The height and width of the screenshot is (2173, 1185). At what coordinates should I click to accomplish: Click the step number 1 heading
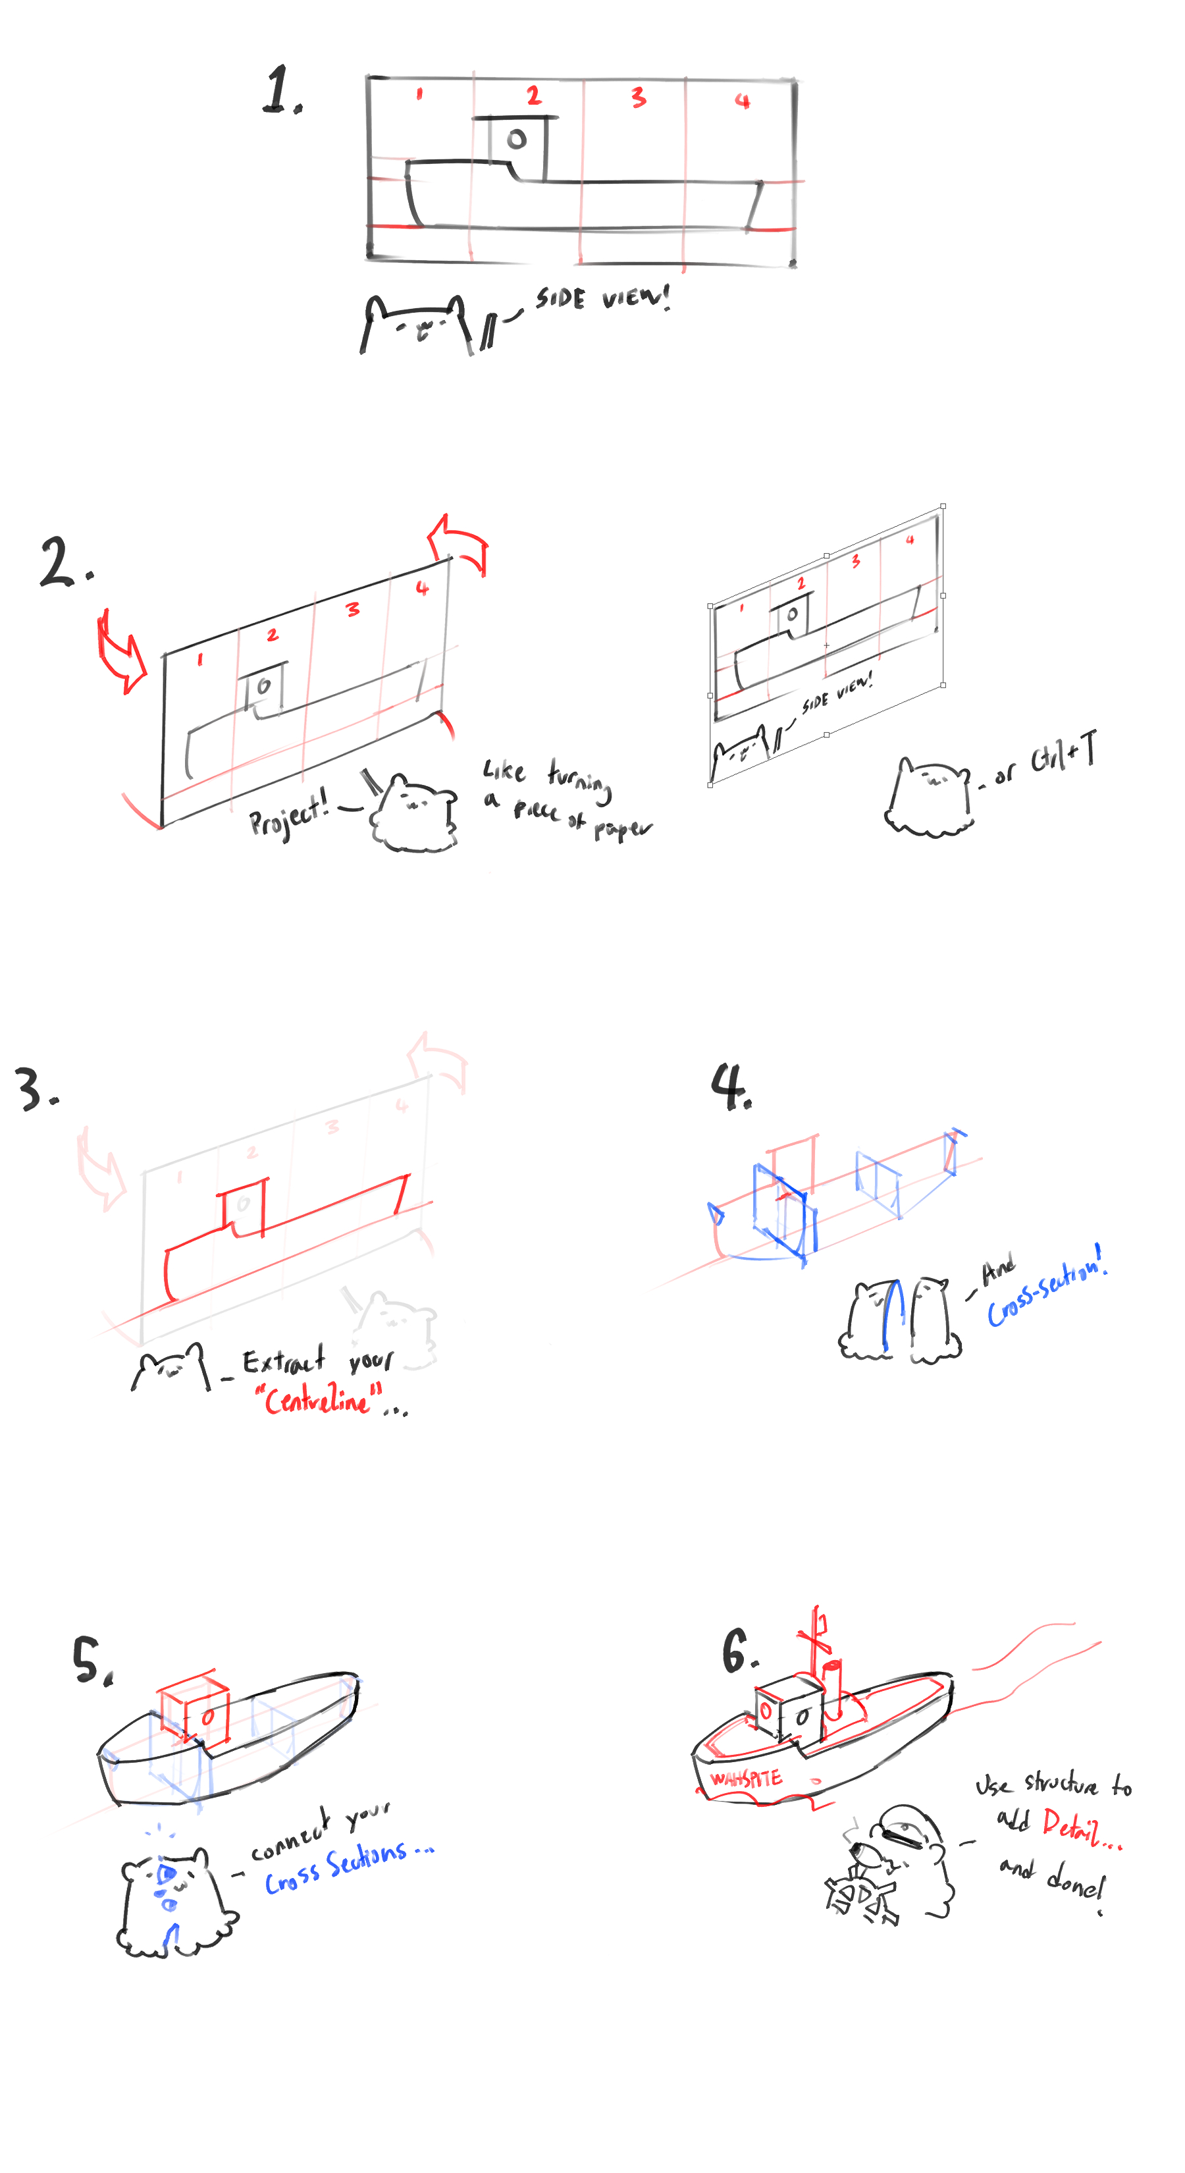coord(281,90)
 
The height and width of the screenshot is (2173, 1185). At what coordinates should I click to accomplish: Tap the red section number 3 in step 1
coord(639,98)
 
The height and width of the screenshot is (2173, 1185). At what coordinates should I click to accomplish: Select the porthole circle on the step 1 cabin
coord(517,139)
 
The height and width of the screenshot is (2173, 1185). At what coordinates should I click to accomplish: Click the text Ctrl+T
coord(1063,753)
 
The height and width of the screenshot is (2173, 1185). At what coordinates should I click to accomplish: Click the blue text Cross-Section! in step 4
coord(1046,1288)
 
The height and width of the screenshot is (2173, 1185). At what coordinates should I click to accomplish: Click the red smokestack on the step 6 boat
coord(833,1687)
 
